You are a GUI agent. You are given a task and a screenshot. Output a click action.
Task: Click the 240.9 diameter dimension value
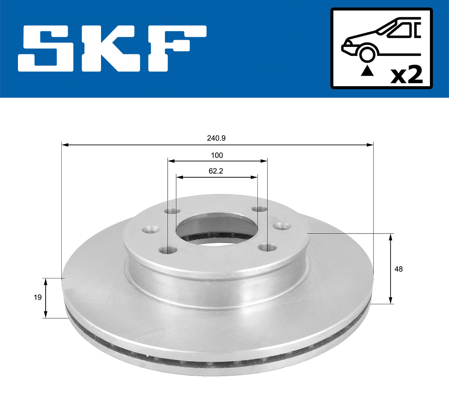[x=216, y=138]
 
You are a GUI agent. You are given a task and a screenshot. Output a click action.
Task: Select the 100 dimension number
[x=217, y=155]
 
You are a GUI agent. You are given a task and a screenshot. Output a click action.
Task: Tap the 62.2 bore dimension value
[x=216, y=171]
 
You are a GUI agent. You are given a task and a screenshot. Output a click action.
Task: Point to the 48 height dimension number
[x=398, y=269]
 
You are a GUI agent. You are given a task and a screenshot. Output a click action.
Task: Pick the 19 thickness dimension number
[x=37, y=298]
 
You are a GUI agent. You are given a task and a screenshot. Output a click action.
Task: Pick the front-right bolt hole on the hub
[x=266, y=247]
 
